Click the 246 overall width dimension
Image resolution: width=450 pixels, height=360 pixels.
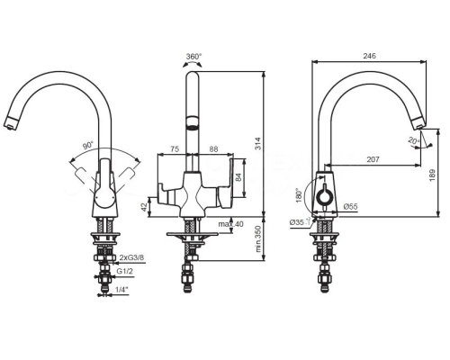point(369,56)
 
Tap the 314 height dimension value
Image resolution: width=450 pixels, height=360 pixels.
point(259,143)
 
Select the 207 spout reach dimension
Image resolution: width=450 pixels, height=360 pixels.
point(373,159)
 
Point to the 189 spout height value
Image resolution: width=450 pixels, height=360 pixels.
point(432,175)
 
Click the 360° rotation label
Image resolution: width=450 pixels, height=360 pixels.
point(194,57)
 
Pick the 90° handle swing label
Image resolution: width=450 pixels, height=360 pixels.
point(88,146)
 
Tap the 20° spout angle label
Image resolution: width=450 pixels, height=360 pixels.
point(414,140)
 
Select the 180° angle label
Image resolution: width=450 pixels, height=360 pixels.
point(299,195)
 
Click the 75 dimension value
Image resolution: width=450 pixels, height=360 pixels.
point(175,148)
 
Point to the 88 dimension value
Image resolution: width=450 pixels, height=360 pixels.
point(213,148)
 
